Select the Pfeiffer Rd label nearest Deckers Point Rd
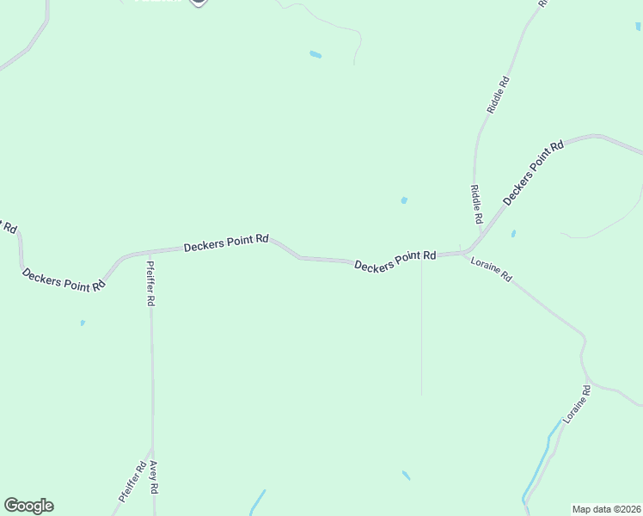click(x=151, y=284)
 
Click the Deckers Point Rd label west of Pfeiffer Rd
click(x=64, y=280)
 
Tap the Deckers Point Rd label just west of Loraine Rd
click(x=395, y=261)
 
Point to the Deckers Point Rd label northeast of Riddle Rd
click(x=533, y=172)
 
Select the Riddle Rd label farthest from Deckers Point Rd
click(x=499, y=95)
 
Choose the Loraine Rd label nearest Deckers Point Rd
click(x=492, y=270)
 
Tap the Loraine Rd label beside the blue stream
click(x=577, y=402)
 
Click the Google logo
click(x=28, y=506)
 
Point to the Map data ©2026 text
click(x=606, y=509)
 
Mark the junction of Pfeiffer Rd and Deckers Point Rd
click(x=150, y=253)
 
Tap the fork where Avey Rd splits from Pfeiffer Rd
click(x=152, y=450)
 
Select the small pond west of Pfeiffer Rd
click(x=83, y=323)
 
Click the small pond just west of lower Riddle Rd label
click(x=404, y=200)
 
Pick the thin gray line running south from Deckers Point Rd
click(x=421, y=327)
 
